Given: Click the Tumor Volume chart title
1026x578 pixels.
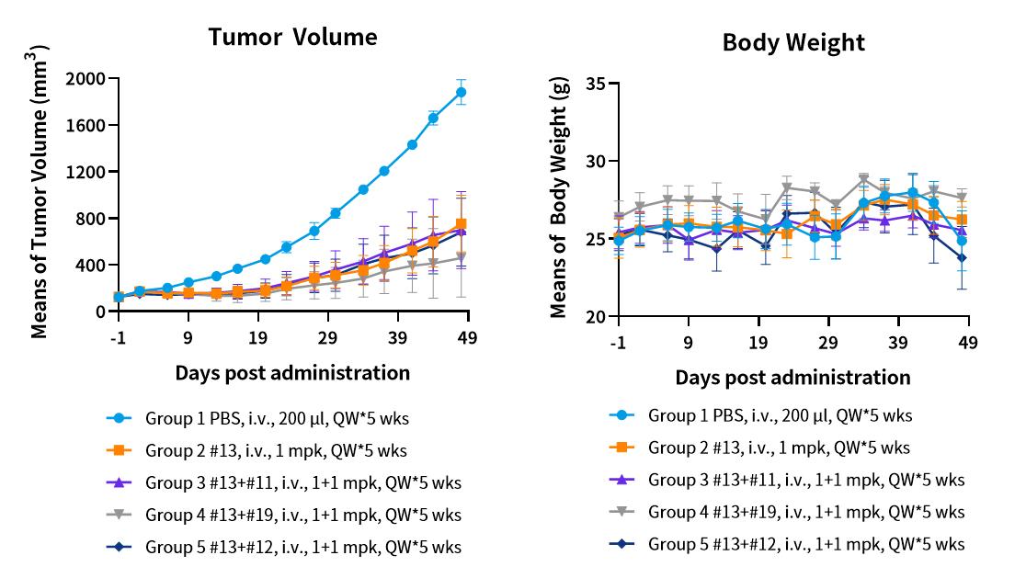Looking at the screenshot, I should (292, 37).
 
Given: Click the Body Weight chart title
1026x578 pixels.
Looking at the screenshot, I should (793, 42).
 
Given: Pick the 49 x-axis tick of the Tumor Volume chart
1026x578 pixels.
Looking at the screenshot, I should (467, 337).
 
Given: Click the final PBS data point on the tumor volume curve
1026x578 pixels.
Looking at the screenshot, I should (461, 92).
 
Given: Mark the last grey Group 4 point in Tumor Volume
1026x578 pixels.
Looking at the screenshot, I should (461, 257).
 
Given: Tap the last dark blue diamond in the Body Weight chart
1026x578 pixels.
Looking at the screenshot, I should (962, 258).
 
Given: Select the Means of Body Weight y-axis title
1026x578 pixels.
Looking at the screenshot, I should (559, 198).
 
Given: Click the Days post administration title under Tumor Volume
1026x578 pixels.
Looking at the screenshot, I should (292, 372).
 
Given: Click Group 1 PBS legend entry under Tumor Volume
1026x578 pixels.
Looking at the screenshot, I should (276, 418).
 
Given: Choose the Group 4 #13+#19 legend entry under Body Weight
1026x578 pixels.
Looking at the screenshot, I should (806, 512).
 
